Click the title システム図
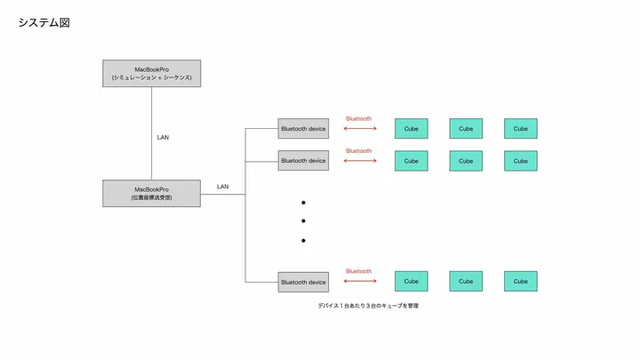[44, 22]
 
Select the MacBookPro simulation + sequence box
[151, 74]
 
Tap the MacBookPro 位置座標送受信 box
[151, 193]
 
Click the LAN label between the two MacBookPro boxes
[163, 137]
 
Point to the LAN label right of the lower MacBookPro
[222, 187]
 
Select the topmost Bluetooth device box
[303, 129]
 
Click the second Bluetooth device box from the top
[303, 161]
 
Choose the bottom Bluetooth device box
[303, 282]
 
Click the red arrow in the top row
[359, 129]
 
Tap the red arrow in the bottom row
[359, 282]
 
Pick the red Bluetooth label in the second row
[358, 150]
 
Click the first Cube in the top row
[412, 129]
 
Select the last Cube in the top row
[520, 129]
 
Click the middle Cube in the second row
[466, 161]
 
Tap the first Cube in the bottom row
[412, 282]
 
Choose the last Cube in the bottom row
[520, 282]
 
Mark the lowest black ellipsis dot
[303, 240]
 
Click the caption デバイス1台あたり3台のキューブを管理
[367, 306]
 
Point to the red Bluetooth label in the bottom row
[358, 271]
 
